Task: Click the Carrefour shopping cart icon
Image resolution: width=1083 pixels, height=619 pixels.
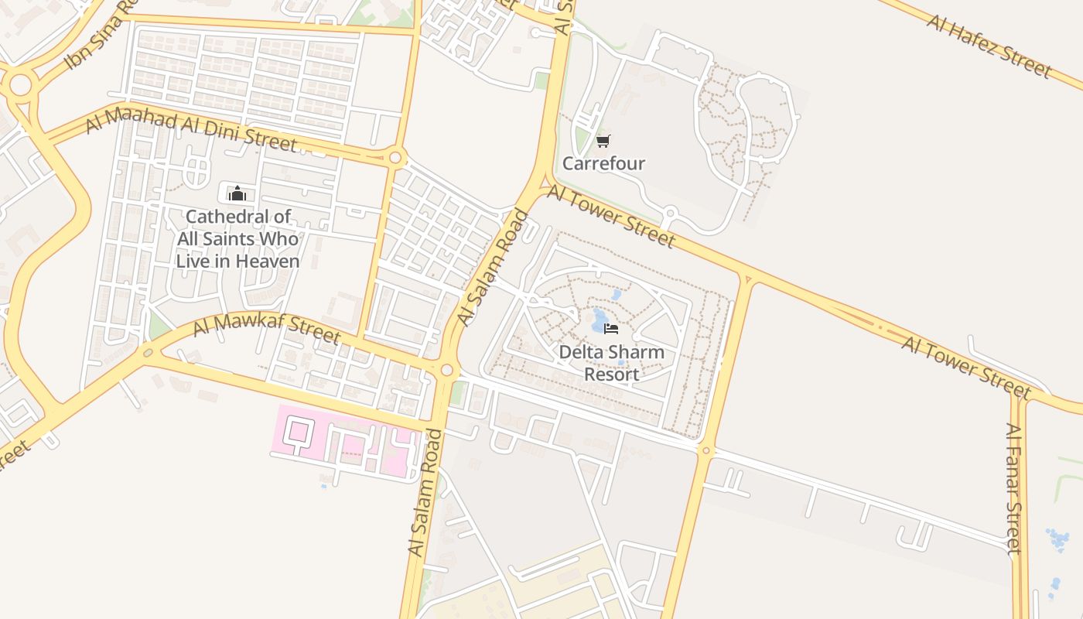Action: pos(603,141)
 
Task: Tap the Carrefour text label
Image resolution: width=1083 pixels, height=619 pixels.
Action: pos(603,163)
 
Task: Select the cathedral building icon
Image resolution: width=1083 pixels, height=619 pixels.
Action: pos(237,193)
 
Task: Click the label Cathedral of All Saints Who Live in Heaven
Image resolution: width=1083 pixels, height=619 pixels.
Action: pos(237,239)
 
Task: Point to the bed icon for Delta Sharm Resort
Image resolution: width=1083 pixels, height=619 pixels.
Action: pos(611,329)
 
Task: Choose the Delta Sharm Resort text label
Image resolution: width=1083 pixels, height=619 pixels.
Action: pos(611,363)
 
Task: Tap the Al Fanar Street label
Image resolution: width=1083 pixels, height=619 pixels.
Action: pos(1014,488)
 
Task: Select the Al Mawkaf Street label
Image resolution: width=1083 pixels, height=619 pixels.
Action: pos(266,327)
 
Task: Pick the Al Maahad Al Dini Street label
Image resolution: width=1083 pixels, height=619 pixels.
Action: pos(191,131)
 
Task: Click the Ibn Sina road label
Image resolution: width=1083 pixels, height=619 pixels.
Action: pos(96,34)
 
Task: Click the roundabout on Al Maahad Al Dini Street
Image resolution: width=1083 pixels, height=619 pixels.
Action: pos(395,158)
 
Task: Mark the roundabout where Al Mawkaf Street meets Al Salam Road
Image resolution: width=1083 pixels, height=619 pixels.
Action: pos(446,371)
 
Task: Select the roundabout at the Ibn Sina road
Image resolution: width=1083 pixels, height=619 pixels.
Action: pos(20,83)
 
